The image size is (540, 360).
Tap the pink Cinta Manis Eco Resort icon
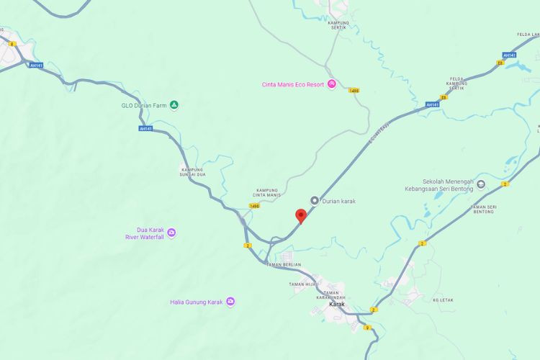(332, 84)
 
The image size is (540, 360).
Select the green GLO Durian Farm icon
(174, 106)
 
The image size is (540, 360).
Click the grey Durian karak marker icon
(315, 201)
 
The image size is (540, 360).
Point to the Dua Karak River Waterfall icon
(171, 233)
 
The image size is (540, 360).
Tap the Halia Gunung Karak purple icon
(230, 302)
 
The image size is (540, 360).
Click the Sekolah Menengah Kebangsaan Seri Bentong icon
(481, 185)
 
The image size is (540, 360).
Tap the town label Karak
(336, 304)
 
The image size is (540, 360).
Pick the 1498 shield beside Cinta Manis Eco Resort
(354, 91)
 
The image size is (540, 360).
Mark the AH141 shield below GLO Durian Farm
(146, 129)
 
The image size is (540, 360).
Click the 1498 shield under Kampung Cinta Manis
(254, 206)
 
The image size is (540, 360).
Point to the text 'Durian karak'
(338, 201)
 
